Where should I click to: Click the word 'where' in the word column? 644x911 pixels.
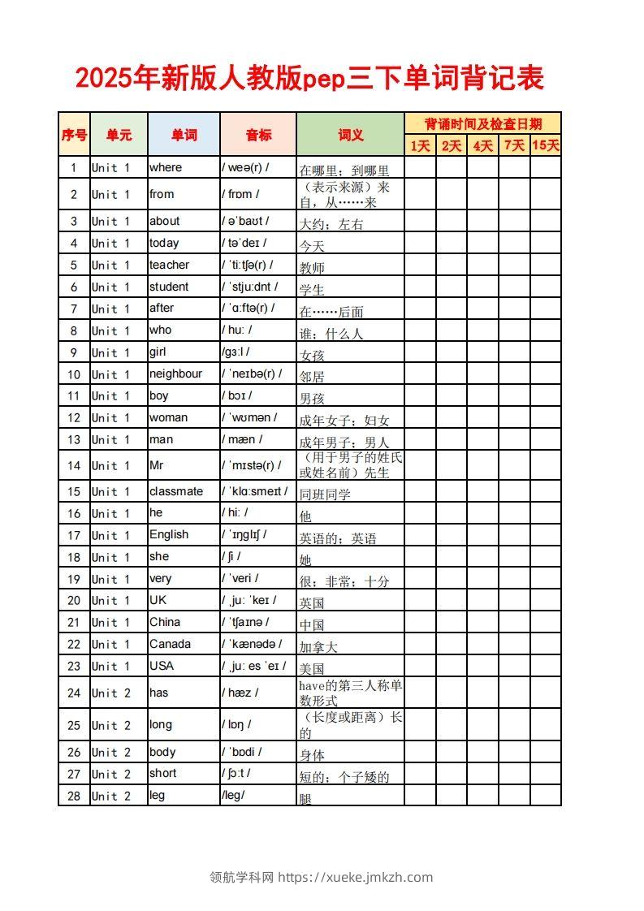point(166,167)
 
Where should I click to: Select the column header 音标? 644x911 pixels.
point(258,135)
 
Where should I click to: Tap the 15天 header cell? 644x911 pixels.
point(546,145)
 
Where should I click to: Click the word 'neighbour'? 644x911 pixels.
point(175,373)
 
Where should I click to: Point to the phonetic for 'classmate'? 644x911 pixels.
point(254,491)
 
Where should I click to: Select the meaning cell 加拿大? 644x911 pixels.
point(318,647)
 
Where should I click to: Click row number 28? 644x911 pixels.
point(74,796)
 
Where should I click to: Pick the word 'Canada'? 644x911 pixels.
point(170,644)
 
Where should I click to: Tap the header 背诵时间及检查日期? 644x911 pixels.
point(482,123)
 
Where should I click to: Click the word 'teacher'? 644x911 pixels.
point(169,265)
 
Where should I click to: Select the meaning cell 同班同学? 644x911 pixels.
point(325,494)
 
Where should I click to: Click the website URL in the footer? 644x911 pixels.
point(356,877)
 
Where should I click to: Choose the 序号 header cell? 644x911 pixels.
point(74,135)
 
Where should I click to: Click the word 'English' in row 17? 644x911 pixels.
point(168,534)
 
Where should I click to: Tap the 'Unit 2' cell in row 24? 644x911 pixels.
point(110,693)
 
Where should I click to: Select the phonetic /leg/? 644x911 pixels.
point(233,795)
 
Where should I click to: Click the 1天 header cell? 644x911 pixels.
point(420,145)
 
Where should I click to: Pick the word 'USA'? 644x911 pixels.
point(162,665)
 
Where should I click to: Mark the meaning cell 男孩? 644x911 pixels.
point(312,399)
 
